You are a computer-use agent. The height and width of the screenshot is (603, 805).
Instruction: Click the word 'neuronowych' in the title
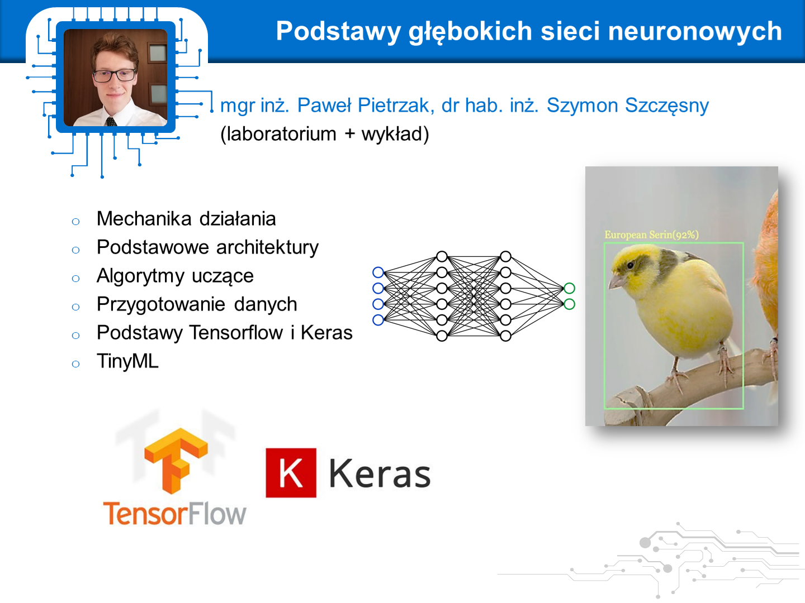(x=695, y=31)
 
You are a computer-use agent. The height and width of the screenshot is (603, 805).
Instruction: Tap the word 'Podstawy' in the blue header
(x=338, y=32)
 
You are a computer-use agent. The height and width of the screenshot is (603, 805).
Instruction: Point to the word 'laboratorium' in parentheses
(x=281, y=133)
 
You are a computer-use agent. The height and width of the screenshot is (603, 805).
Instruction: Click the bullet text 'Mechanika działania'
(x=186, y=218)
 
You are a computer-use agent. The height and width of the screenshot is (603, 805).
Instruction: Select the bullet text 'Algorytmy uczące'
(x=175, y=276)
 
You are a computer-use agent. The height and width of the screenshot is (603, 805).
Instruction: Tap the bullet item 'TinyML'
(x=127, y=361)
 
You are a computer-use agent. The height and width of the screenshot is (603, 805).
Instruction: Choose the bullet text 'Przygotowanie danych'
(x=197, y=305)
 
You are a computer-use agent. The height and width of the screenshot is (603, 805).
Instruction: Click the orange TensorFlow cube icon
(x=176, y=461)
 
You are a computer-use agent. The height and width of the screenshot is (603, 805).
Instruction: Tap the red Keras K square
(x=291, y=473)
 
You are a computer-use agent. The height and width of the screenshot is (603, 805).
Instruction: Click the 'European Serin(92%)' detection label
(x=651, y=234)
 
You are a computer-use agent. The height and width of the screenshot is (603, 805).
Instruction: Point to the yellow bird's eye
(x=630, y=265)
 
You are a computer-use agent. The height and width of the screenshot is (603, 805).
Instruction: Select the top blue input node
(x=378, y=272)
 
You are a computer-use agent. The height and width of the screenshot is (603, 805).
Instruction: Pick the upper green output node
(x=569, y=288)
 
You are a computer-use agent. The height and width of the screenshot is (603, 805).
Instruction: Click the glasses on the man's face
(x=115, y=75)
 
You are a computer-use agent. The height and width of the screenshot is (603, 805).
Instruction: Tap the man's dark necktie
(x=111, y=122)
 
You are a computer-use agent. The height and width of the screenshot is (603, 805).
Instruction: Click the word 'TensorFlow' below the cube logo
(x=174, y=514)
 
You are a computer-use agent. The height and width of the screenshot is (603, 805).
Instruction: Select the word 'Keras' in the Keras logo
(x=380, y=473)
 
